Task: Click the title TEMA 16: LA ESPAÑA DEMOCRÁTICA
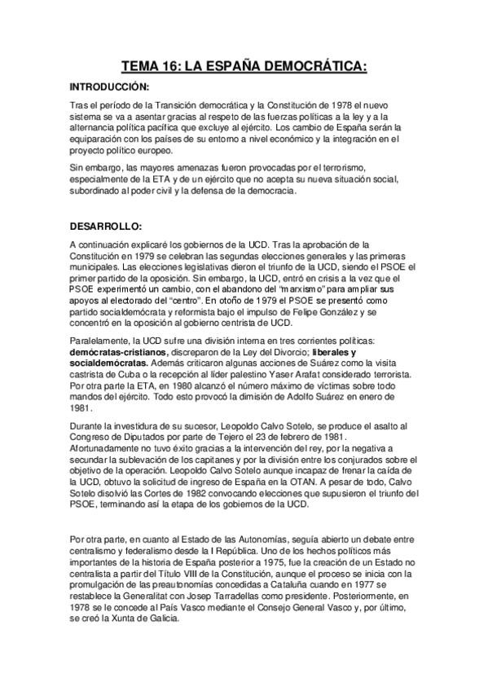(x=244, y=64)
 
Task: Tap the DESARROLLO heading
(x=106, y=225)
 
